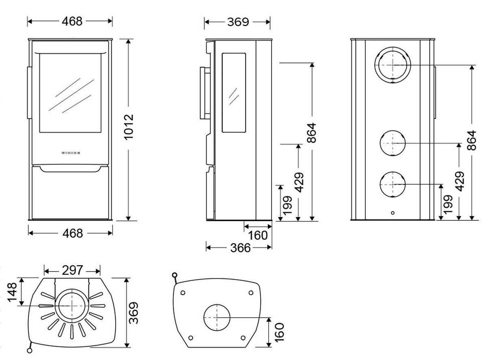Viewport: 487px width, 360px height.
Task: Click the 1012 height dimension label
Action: coord(129,127)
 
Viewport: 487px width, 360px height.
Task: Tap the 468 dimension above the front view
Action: coord(72,21)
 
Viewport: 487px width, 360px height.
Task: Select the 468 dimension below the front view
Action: coord(72,233)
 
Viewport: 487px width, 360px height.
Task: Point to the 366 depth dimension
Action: coord(240,247)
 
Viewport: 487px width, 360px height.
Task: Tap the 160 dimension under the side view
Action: coord(258,235)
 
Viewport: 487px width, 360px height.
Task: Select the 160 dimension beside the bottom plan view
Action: coord(279,332)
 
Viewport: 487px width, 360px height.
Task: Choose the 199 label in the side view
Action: coord(287,206)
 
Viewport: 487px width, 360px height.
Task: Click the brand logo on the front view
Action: coord(70,153)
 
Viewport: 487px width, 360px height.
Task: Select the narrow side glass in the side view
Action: coord(234,93)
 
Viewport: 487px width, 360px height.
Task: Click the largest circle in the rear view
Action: coord(392,65)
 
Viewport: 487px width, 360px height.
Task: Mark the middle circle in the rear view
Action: coord(392,144)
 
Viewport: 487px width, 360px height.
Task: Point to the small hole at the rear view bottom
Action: coord(392,212)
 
